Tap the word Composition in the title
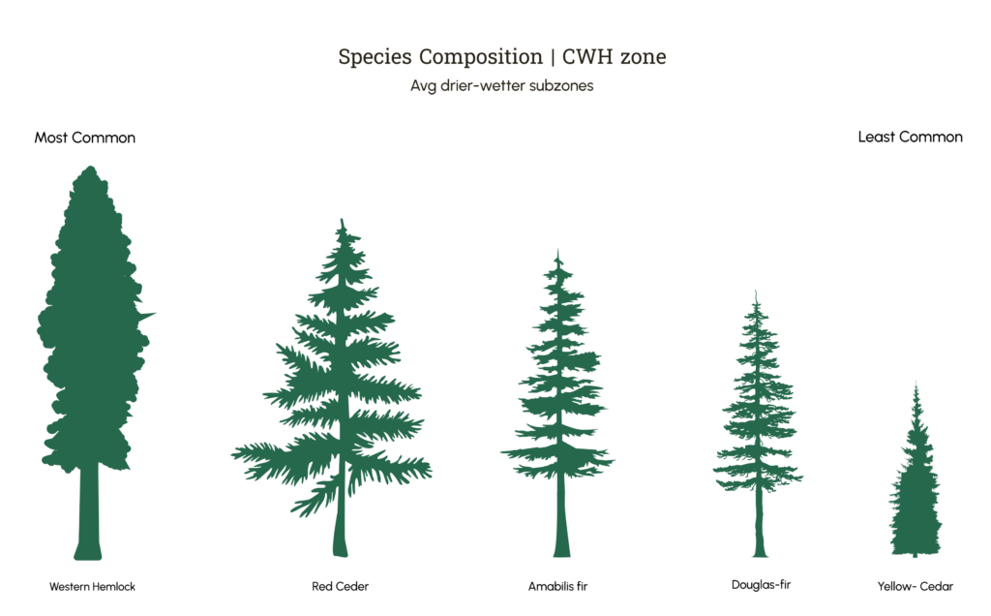481,57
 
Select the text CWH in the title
587,56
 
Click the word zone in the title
643,57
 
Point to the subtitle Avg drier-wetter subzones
502,85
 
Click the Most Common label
85,138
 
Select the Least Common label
910,137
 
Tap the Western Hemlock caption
92,587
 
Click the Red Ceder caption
340,586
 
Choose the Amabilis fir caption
558,586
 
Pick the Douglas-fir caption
761,585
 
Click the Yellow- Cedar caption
916,586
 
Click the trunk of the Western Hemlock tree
88,511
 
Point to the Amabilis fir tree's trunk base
562,551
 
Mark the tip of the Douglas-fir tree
756,292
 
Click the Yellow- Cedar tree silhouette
916,487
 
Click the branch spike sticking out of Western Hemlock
147,315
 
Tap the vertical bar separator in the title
553,57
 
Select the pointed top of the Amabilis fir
557,251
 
